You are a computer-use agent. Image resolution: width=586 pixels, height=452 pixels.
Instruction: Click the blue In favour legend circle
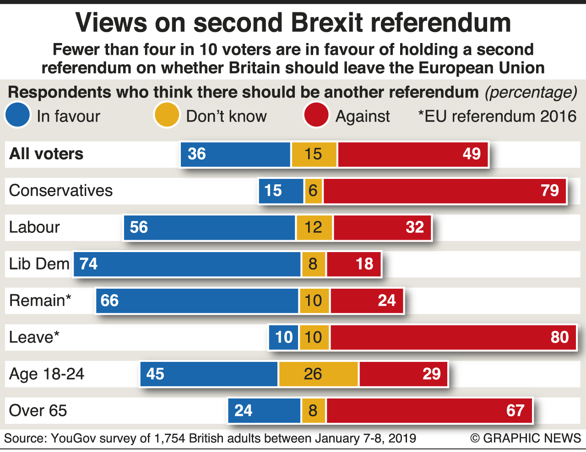[18, 115]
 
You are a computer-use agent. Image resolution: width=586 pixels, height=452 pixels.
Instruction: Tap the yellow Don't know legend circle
[166, 115]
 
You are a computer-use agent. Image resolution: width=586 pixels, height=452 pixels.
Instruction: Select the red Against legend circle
[316, 115]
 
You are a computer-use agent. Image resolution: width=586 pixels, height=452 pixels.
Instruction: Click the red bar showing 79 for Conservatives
[444, 191]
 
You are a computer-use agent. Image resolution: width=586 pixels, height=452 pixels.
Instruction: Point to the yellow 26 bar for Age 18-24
[318, 374]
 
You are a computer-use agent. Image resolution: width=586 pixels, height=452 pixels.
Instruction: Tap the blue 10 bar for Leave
[283, 337]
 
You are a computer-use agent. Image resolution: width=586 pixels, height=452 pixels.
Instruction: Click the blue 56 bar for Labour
[210, 227]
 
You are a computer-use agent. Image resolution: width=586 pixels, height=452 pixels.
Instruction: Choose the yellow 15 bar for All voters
[314, 154]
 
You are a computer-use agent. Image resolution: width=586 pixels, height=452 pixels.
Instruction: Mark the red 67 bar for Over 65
[429, 410]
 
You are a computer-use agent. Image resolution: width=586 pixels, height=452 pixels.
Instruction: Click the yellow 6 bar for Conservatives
[313, 191]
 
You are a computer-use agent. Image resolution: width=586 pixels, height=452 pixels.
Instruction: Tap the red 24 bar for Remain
[367, 301]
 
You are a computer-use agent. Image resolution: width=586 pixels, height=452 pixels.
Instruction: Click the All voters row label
[46, 154]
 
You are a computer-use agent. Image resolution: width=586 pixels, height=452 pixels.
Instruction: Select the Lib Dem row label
[39, 264]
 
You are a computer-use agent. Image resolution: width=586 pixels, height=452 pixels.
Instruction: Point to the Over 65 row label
[38, 410]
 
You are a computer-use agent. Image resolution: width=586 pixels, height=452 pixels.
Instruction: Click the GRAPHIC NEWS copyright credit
[526, 438]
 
